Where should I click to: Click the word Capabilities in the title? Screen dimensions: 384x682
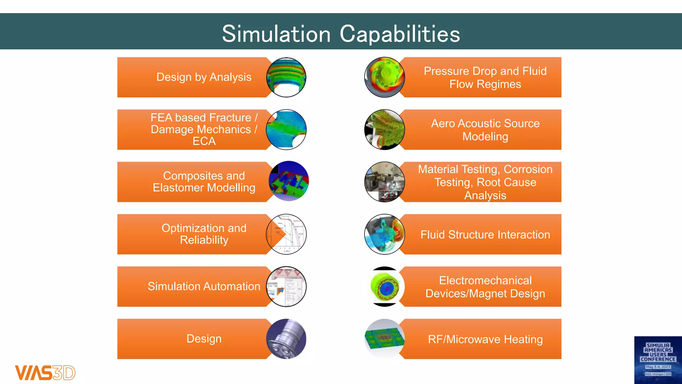tap(400, 34)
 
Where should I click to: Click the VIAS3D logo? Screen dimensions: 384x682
tap(45, 372)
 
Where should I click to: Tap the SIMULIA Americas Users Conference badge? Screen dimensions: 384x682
tap(658, 360)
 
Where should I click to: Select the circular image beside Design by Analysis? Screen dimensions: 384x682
tap(286, 77)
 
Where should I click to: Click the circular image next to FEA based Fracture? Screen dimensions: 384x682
tap(286, 130)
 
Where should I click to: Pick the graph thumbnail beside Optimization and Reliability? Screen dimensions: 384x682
tap(286, 234)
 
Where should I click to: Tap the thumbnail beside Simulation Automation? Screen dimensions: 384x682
tap(286, 287)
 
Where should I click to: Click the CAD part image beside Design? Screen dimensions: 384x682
tap(286, 339)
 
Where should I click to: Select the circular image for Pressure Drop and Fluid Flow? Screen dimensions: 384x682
tap(385, 77)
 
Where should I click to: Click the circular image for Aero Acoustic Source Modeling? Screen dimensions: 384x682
tap(385, 130)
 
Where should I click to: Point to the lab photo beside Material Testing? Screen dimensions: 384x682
tap(385, 182)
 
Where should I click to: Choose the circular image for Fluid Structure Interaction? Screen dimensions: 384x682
tap(385, 234)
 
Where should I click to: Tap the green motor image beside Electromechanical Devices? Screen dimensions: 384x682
tap(385, 287)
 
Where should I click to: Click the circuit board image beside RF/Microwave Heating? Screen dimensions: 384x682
tap(385, 339)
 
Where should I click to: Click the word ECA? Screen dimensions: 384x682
tap(204, 141)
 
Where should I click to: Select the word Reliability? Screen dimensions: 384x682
tap(204, 240)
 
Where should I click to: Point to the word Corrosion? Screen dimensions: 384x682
tap(528, 169)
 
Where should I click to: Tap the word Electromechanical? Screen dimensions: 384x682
tap(485, 281)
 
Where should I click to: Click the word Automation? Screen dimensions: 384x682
tap(232, 286)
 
